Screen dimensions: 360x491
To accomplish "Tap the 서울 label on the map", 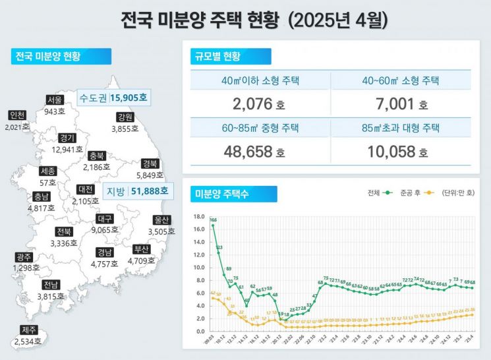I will point(55,100).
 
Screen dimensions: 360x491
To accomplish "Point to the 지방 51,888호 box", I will point(137,191).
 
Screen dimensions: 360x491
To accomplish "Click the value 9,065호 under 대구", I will point(105,231).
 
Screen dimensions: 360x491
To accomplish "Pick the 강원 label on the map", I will point(125,117).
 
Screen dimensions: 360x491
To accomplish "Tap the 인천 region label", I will point(18,115).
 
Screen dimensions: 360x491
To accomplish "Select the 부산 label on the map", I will point(142,249).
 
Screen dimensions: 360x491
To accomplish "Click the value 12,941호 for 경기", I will point(66,150).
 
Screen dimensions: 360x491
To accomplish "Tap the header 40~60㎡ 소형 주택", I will point(400,81).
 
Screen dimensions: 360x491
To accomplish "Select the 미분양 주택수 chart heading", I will point(222,194).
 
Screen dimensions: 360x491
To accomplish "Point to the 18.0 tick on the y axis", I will point(198,216).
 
